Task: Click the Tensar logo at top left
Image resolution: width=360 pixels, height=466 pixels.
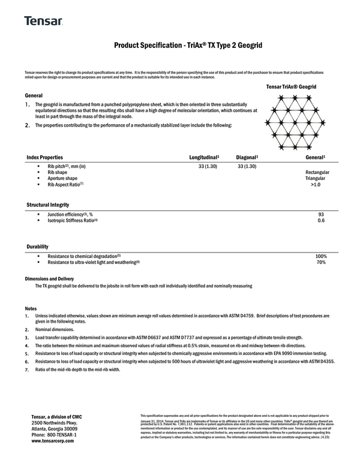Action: [43, 21]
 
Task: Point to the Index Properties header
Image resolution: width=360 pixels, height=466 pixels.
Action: [44, 157]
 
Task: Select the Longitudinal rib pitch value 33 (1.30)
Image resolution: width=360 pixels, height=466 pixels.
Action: [208, 166]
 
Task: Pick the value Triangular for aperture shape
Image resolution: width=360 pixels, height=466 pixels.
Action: [314, 179]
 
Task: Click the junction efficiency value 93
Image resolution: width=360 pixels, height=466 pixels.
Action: [321, 214]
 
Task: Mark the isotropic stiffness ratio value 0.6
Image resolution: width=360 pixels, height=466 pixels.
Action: [321, 221]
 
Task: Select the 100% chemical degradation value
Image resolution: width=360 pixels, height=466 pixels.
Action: [320, 256]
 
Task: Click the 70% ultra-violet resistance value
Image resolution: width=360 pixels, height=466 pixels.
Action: [321, 263]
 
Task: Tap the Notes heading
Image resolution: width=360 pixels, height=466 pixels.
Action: [31, 308]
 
